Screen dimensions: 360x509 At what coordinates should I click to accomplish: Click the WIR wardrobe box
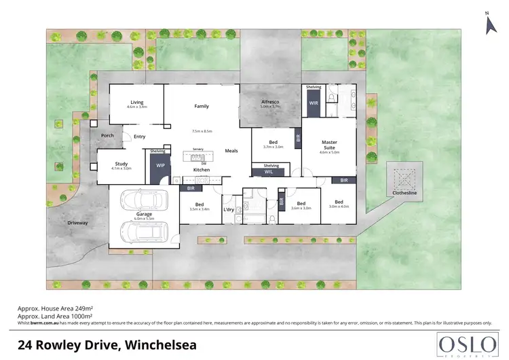[314, 103]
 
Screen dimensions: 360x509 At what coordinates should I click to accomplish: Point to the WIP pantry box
[161, 166]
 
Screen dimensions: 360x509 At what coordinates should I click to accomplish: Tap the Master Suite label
[329, 145]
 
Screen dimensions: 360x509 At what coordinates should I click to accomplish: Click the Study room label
[121, 164]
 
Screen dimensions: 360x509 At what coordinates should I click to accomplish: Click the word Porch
[107, 136]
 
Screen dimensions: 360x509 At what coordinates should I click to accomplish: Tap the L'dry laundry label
[228, 209]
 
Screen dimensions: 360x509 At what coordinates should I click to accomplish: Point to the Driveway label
[78, 222]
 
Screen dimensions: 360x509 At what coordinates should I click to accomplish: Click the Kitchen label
[202, 169]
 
